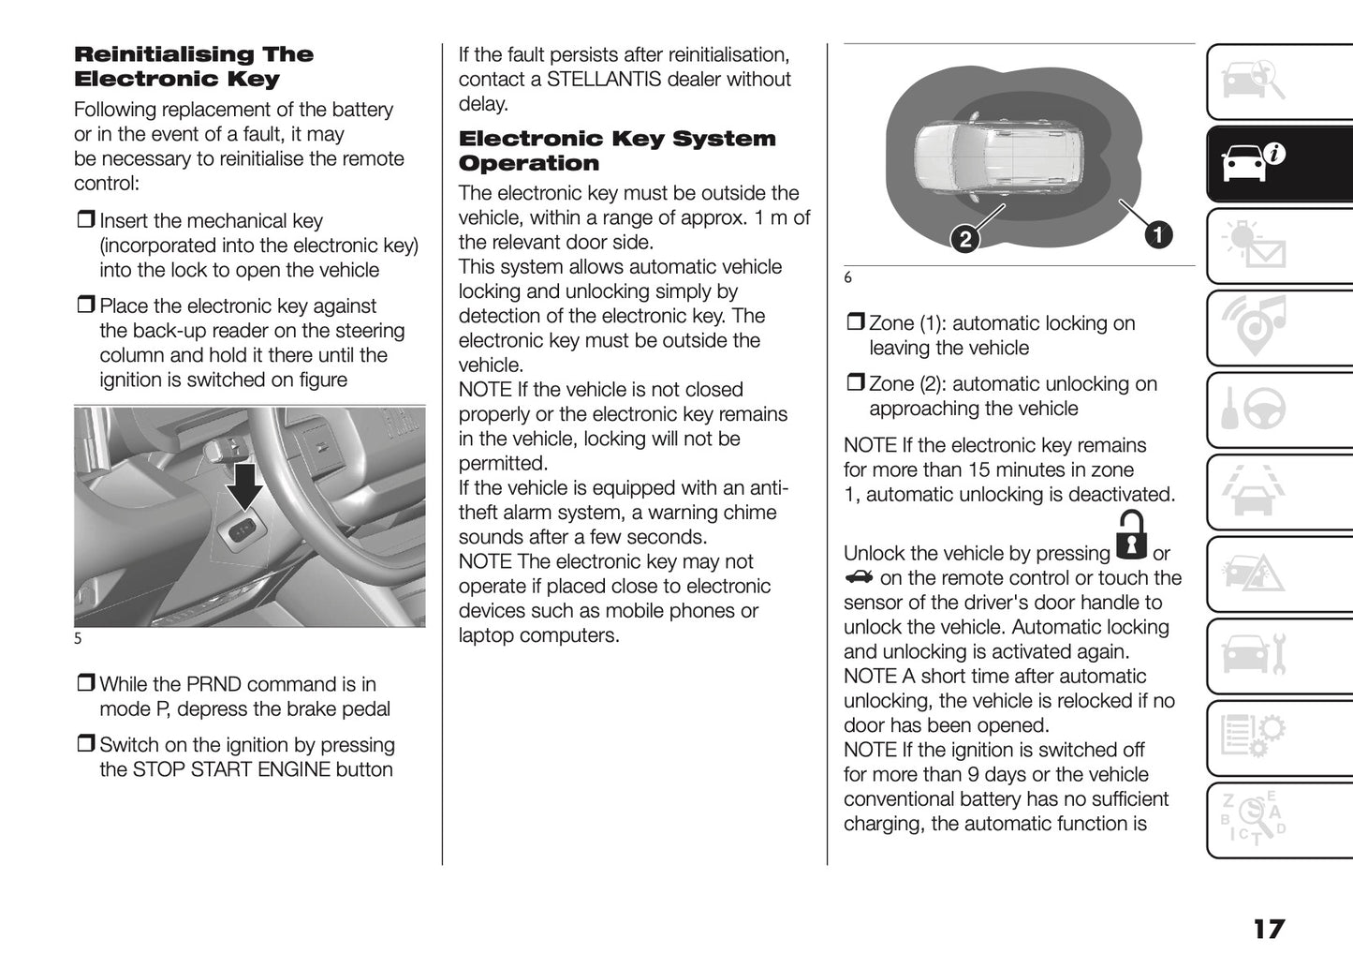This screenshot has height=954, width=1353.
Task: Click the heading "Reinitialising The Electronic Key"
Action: [194, 67]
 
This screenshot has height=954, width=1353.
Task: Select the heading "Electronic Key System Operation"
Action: [617, 151]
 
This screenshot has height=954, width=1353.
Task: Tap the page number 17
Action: [1269, 929]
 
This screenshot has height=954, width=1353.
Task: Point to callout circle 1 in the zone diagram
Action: [1158, 234]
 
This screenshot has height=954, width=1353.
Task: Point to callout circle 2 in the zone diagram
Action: [964, 239]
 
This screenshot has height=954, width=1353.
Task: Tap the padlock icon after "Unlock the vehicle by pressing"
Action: [1132, 536]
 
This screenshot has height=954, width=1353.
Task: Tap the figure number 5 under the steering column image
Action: [79, 639]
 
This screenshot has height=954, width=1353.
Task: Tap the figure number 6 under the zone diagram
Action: [848, 278]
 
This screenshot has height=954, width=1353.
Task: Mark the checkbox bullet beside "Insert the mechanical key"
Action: [85, 221]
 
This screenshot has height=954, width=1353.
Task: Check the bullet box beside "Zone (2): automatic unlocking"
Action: [855, 384]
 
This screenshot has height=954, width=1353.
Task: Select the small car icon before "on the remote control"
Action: [858, 577]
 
